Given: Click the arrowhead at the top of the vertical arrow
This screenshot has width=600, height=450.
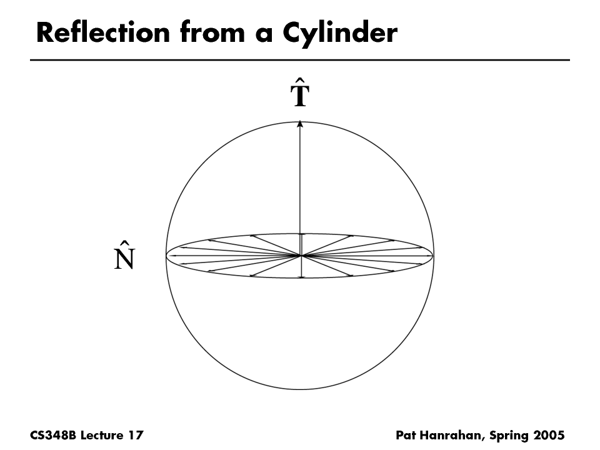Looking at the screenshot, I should pos(300,124).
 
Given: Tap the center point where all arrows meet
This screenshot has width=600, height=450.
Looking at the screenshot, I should pos(301,255).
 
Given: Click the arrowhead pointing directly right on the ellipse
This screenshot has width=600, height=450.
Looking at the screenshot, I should pos(430,255).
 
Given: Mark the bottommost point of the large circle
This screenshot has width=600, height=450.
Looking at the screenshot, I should pos(300,389).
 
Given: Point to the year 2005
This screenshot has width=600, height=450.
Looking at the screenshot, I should pos(550,434).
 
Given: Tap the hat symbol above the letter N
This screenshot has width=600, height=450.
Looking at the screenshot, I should pos(124,242).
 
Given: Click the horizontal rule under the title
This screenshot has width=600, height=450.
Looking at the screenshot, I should pos(300,60).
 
